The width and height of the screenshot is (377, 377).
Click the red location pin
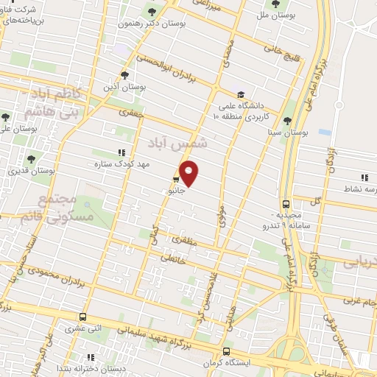coord(190,172)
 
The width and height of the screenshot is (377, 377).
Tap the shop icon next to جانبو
coord(177,179)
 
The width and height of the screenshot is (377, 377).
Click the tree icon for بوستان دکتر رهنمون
coord(152,11)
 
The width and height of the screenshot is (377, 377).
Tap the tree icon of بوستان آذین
coord(124,74)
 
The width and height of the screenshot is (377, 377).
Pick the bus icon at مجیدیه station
coord(286,204)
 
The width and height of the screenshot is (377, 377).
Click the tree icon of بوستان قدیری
coord(31,158)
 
